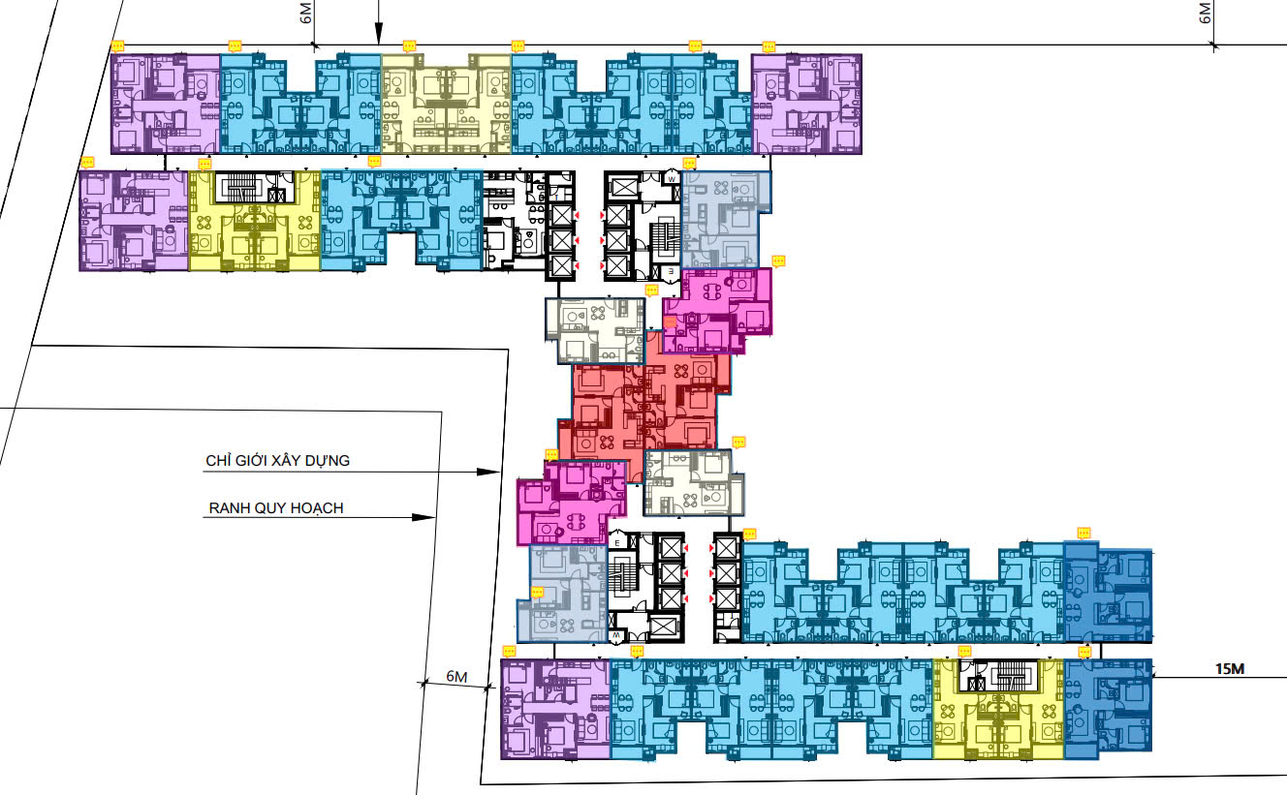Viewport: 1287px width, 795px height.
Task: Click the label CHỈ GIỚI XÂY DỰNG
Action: pos(277,460)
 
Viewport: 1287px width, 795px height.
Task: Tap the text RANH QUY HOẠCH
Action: pos(276,508)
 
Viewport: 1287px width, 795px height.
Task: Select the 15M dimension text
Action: pos(1230,669)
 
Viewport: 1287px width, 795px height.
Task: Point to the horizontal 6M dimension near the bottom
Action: pos(456,677)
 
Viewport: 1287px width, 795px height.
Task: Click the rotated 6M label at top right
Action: pos(1205,14)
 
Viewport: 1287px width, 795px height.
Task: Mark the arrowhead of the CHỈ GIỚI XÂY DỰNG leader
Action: pos(488,472)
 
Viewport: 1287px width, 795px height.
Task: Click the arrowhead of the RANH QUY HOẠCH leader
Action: pos(424,517)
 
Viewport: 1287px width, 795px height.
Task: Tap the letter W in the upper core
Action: pos(672,179)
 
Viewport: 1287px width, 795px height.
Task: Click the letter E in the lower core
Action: pos(617,542)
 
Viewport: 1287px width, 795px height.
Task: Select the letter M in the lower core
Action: pos(616,635)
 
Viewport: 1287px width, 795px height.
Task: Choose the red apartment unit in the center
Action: pos(643,407)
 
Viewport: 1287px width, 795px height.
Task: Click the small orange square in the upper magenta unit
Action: pos(670,322)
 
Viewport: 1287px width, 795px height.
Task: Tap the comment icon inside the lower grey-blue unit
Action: pos(537,593)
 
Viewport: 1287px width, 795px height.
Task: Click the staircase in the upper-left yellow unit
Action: pos(240,186)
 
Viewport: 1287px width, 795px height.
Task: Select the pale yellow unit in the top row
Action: pos(447,104)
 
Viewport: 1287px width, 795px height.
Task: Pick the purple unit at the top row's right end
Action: pos(806,104)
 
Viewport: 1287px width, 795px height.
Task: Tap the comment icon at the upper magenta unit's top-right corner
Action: pos(778,261)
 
